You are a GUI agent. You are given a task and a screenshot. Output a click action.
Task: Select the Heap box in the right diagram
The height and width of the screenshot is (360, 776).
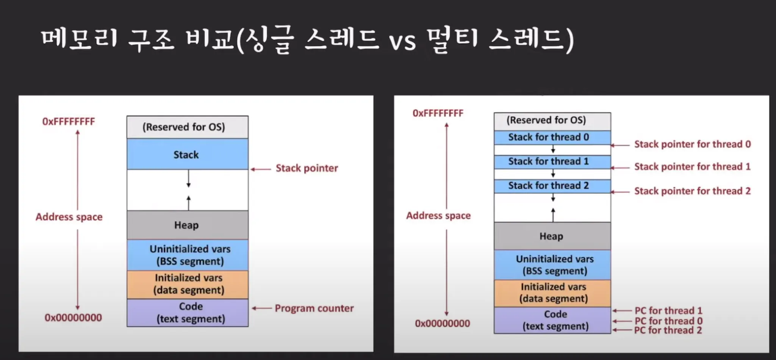tap(552, 236)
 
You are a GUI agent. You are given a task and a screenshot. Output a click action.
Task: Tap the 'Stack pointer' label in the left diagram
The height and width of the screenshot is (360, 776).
tap(307, 168)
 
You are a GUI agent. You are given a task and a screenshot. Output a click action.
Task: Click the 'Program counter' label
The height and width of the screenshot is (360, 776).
tap(314, 308)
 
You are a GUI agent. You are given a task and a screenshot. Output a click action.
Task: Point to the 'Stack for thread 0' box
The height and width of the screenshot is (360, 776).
tap(552, 137)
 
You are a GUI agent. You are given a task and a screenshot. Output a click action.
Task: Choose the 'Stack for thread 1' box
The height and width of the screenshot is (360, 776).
tap(552, 162)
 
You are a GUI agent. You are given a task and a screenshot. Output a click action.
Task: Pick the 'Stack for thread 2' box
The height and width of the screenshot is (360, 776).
tap(552, 186)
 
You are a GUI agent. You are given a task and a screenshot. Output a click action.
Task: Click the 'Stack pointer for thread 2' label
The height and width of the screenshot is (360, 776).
tap(692, 191)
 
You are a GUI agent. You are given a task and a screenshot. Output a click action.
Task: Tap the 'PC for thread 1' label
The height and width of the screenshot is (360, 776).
tap(668, 311)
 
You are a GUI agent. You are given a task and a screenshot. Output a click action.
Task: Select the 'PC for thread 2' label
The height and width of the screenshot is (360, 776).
tap(668, 330)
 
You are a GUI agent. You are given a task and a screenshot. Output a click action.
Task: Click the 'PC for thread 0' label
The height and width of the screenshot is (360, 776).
tap(668, 321)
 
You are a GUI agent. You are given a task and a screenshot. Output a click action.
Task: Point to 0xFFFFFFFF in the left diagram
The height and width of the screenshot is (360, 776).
tap(69, 122)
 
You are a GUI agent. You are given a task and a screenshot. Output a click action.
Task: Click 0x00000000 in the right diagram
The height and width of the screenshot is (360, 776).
tap(442, 324)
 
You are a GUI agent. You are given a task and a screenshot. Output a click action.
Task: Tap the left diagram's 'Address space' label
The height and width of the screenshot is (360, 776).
tap(69, 217)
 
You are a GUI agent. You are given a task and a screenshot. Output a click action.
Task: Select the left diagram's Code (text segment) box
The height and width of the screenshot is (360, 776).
tap(188, 313)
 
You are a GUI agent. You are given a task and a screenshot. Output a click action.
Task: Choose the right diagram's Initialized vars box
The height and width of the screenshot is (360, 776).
tap(552, 293)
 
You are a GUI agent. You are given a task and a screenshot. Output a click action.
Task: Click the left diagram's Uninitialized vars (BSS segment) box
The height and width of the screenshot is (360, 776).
tap(188, 255)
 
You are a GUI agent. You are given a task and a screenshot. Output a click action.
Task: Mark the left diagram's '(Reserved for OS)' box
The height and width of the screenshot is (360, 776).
tap(187, 127)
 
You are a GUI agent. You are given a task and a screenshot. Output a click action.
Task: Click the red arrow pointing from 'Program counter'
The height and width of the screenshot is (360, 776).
tap(261, 308)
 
